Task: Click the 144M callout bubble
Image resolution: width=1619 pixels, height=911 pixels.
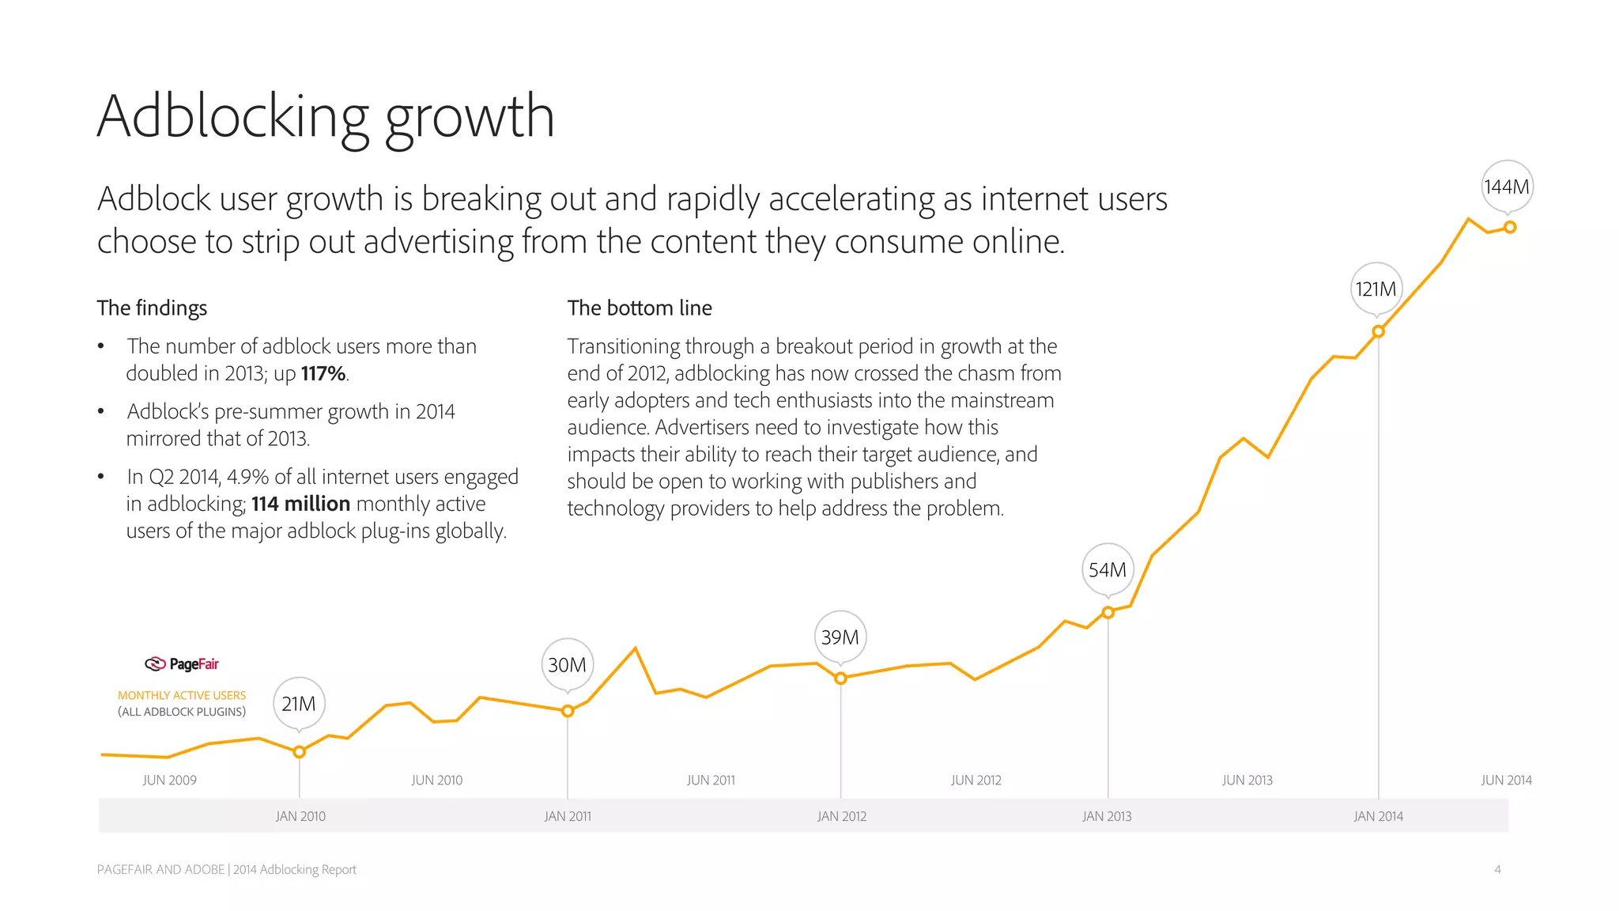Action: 1507,187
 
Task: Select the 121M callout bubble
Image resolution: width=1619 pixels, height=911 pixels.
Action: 1376,289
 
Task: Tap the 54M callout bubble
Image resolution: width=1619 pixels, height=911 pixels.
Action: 1108,569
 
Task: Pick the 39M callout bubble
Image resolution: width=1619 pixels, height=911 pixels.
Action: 840,637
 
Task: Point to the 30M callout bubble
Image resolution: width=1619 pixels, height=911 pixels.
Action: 568,664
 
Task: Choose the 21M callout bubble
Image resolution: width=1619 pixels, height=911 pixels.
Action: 299,703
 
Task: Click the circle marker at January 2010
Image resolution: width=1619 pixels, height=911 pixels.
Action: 300,752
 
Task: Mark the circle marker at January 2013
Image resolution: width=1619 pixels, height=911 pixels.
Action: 1108,612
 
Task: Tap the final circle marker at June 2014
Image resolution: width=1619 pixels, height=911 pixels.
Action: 1510,227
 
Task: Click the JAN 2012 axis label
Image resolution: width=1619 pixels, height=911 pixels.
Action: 842,816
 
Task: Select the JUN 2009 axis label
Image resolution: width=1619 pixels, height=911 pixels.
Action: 170,780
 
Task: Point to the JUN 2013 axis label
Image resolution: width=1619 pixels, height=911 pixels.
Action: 1247,780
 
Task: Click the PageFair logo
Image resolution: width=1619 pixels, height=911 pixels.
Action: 182,663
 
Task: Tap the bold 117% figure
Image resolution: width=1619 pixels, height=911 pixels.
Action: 323,373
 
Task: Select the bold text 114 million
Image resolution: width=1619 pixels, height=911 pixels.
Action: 300,504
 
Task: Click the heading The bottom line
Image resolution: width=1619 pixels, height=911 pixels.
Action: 640,308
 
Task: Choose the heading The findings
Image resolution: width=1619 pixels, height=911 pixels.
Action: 152,308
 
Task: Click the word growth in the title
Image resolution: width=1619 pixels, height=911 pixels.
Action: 470,117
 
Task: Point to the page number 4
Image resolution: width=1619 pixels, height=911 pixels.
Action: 1497,869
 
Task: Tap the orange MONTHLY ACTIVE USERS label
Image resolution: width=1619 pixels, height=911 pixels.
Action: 182,695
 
